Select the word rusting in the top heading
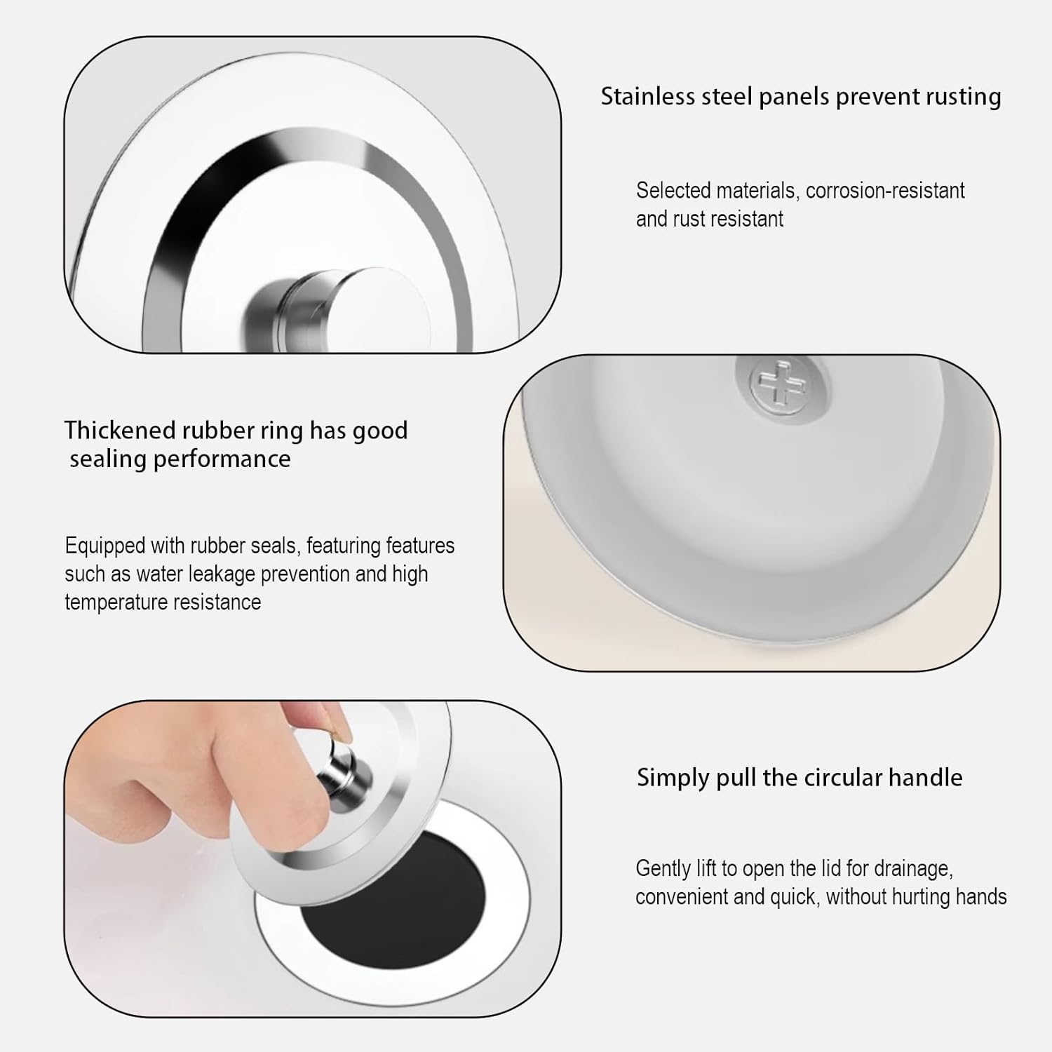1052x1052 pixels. pyautogui.click(x=963, y=97)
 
